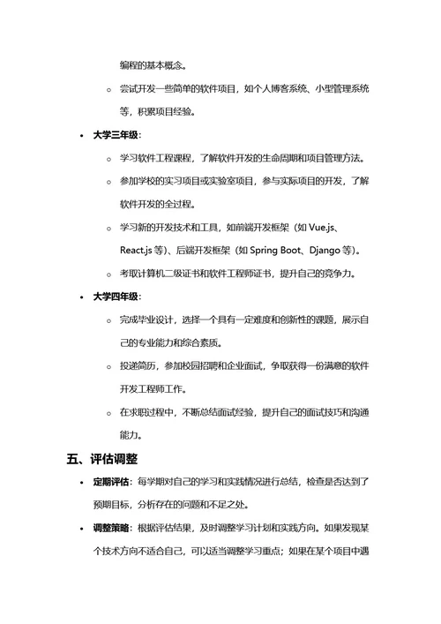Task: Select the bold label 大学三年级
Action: coord(116,136)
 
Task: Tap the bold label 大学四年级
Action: coord(116,297)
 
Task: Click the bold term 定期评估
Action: coord(112,483)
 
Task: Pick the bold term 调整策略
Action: coord(112,529)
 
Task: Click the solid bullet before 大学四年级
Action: coord(82,297)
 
